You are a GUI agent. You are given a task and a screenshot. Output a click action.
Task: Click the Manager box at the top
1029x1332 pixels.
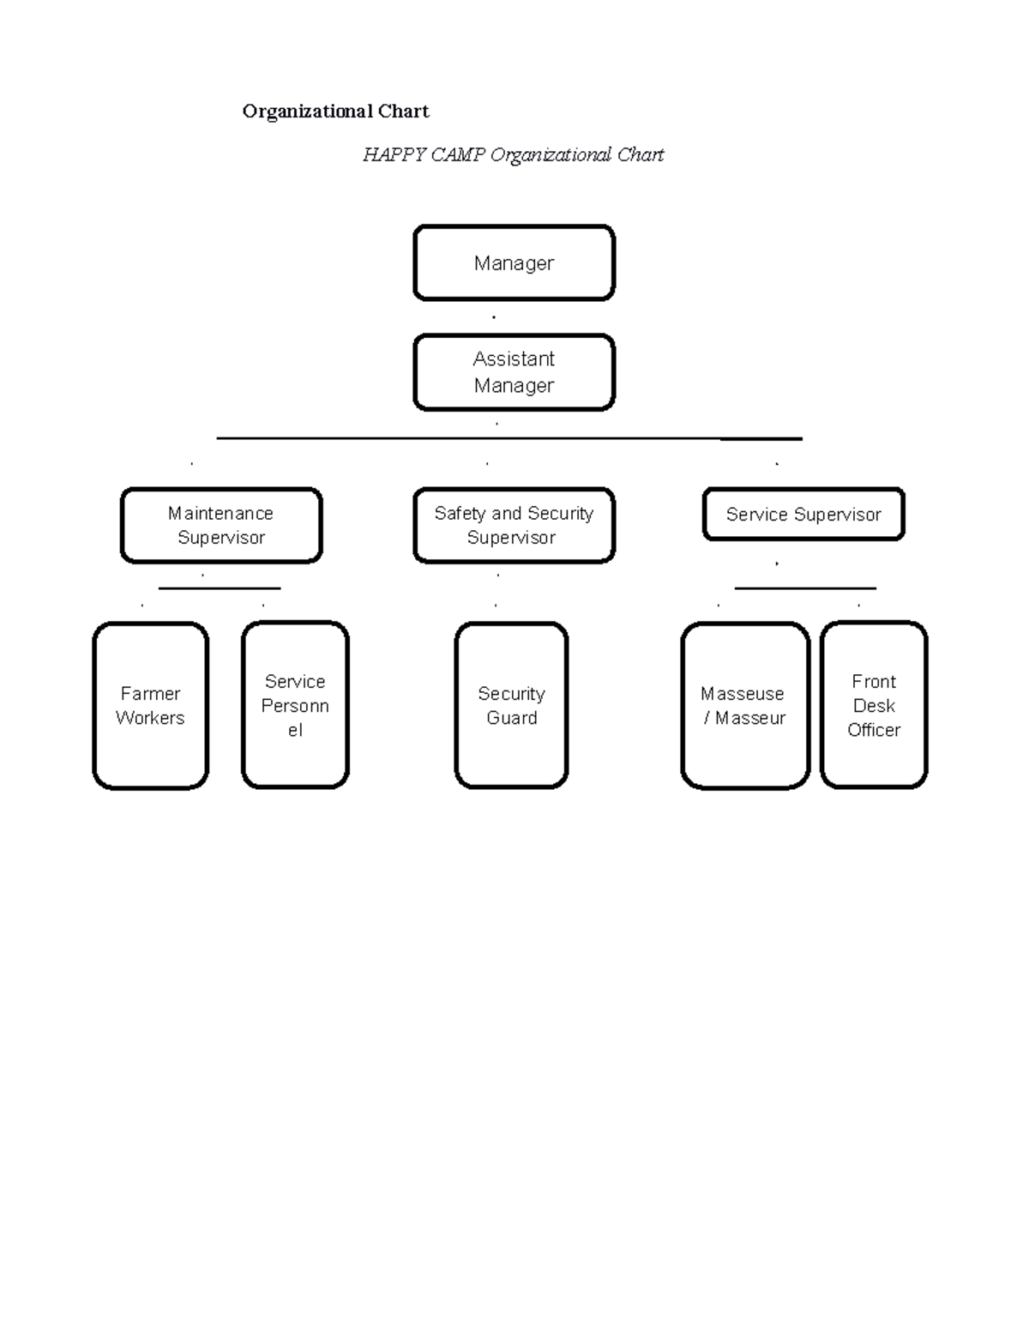click(x=514, y=263)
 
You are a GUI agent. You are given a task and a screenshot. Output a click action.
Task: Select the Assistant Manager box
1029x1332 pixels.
click(x=514, y=372)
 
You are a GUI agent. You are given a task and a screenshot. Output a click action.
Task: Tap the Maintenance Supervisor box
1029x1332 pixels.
click(x=221, y=525)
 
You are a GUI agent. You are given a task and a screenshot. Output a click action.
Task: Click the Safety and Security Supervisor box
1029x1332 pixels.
click(x=514, y=525)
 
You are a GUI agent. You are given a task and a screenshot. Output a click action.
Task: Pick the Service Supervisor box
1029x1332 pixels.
click(x=803, y=515)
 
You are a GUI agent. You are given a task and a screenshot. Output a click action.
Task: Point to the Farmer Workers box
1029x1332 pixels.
click(x=150, y=705)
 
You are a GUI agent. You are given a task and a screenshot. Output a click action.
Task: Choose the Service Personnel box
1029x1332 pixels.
click(x=295, y=705)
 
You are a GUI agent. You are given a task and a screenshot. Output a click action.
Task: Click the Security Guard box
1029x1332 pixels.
click(x=511, y=705)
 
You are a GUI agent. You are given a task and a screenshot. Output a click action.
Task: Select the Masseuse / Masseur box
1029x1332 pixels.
click(x=744, y=705)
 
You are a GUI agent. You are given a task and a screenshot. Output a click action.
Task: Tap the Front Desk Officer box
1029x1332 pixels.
click(x=874, y=705)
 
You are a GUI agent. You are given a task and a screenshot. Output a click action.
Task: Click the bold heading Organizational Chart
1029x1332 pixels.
click(x=335, y=112)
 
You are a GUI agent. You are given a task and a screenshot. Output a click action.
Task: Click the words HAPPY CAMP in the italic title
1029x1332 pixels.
click(x=424, y=155)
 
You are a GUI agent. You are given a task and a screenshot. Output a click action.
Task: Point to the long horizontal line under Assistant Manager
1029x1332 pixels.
click(x=508, y=438)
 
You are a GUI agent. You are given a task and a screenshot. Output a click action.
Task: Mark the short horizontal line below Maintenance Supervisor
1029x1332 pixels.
click(x=220, y=588)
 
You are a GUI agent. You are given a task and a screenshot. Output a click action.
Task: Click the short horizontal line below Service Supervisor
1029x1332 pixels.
click(x=805, y=588)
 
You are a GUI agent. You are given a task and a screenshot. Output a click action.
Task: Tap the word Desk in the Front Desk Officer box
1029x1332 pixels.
click(x=874, y=706)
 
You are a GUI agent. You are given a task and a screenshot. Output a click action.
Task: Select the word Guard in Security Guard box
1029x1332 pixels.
click(x=512, y=718)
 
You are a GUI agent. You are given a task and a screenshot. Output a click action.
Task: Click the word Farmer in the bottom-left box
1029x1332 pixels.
click(x=150, y=693)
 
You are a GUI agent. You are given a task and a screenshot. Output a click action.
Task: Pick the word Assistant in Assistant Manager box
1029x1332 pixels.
click(x=514, y=359)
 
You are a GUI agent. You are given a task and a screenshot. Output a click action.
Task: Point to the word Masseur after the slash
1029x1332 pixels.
click(x=750, y=718)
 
